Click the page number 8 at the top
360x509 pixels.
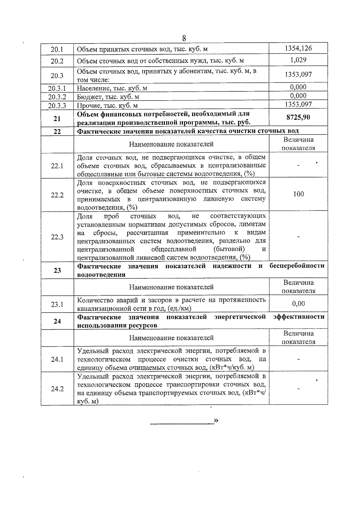click(184, 38)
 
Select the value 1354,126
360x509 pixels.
click(298, 48)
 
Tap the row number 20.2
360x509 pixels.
click(57, 61)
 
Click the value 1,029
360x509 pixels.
click(298, 60)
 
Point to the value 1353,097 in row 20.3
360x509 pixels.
click(298, 74)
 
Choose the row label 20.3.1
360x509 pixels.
click(57, 88)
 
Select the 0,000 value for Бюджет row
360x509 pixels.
click(298, 96)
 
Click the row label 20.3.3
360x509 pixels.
click(57, 106)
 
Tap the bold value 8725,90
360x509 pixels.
click(298, 117)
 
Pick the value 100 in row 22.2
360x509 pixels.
click(298, 194)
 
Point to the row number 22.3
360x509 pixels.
click(57, 237)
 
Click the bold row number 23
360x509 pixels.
click(57, 271)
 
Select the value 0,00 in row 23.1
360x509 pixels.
click(298, 304)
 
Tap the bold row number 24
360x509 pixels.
click(57, 322)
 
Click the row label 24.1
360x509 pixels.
click(57, 359)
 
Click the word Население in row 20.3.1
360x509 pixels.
click(90, 88)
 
